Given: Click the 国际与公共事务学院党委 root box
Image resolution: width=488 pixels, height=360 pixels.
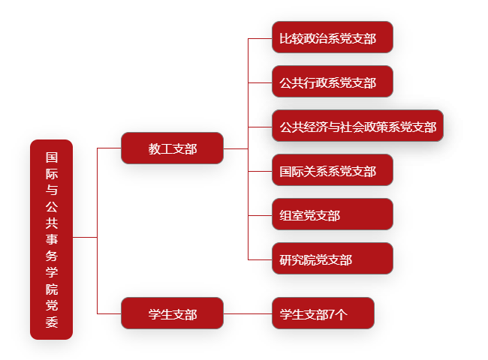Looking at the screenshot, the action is pos(51,239).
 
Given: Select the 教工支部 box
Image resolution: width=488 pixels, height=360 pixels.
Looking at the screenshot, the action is pos(172,148).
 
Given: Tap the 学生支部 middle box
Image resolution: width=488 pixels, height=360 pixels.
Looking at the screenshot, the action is pos(172,313).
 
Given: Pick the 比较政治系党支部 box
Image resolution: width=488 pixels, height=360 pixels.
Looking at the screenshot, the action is pos(333,37).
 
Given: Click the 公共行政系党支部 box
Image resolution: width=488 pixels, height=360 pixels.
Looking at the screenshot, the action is pos(333,82).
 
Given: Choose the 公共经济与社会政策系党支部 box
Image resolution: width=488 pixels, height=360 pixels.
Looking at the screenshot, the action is pos(357,125).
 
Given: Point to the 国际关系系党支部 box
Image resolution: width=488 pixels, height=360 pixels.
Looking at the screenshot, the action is pos(333,170).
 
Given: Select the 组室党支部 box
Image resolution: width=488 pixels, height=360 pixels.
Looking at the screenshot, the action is pos(333,214).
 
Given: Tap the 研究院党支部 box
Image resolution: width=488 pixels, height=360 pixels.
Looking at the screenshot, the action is pos(333,258).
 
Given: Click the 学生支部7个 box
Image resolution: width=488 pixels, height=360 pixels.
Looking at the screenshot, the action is pos(323,313).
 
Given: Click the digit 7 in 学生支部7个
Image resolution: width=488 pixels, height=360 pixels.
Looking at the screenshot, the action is pos(332,314).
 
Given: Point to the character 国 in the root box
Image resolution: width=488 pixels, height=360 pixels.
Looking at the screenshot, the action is pos(52,157).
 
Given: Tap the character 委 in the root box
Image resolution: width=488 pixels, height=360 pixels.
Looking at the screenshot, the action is pos(52,322).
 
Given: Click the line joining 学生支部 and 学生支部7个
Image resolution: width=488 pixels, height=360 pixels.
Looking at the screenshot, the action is pos(248,313).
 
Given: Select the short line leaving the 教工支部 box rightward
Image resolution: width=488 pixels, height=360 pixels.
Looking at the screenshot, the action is pos(236,149).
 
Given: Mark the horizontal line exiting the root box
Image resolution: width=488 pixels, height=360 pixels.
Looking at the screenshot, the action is pos(85,238).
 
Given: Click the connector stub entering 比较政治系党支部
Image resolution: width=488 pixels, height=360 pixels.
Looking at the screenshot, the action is pos(260,38).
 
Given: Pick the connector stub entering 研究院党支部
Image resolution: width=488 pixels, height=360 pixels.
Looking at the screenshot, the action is pos(260,259).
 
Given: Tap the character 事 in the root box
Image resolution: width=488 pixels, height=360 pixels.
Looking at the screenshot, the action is pos(52,239).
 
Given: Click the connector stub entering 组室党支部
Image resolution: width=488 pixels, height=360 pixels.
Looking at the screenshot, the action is pos(260,215).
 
